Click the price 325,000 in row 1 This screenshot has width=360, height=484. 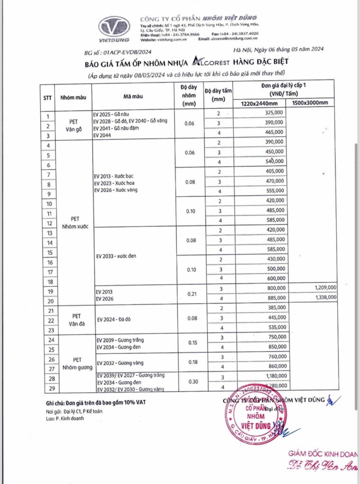point(275,112)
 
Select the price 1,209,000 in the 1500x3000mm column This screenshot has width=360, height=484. point(324,287)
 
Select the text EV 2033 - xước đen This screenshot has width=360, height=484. point(116,256)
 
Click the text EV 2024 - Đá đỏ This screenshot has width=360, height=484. point(114,320)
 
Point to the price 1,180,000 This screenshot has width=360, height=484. point(273,376)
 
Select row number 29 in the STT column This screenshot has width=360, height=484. point(50,389)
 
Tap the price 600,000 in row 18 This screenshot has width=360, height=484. point(275,278)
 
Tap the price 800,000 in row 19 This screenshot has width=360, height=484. point(275,287)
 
